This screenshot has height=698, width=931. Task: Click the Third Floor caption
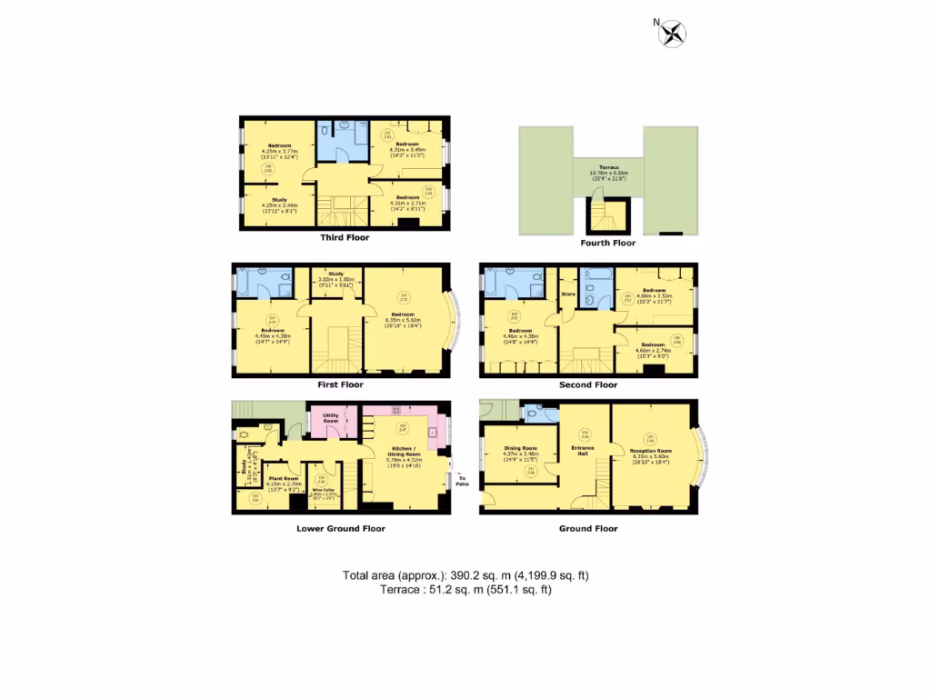pos(345,237)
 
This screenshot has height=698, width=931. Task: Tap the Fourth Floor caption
pos(607,243)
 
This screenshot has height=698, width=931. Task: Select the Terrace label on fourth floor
pos(607,169)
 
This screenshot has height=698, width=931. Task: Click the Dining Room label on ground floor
pos(521,448)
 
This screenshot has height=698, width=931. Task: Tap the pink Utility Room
pos(331,418)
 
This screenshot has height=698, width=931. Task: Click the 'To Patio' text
pos(462,480)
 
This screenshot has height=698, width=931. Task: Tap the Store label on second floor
pos(569,294)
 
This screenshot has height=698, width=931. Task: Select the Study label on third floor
pos(278,200)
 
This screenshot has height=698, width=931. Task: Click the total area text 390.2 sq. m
pos(465,575)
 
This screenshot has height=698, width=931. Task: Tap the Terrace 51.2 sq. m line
pos(465,590)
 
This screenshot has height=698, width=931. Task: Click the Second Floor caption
pos(587,384)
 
